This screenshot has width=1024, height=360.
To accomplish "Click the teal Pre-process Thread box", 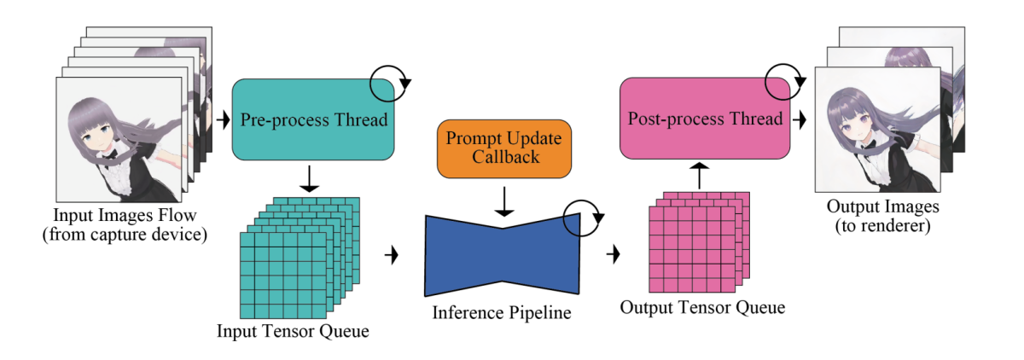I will point(312,119).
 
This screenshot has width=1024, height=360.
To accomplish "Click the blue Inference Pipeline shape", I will point(503,253).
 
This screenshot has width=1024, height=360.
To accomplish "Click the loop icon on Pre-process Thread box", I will point(390,84).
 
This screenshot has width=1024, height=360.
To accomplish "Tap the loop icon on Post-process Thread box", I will point(783,84).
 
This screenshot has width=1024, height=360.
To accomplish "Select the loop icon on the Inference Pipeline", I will point(580,217).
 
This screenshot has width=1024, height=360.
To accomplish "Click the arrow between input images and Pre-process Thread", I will point(224,119).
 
